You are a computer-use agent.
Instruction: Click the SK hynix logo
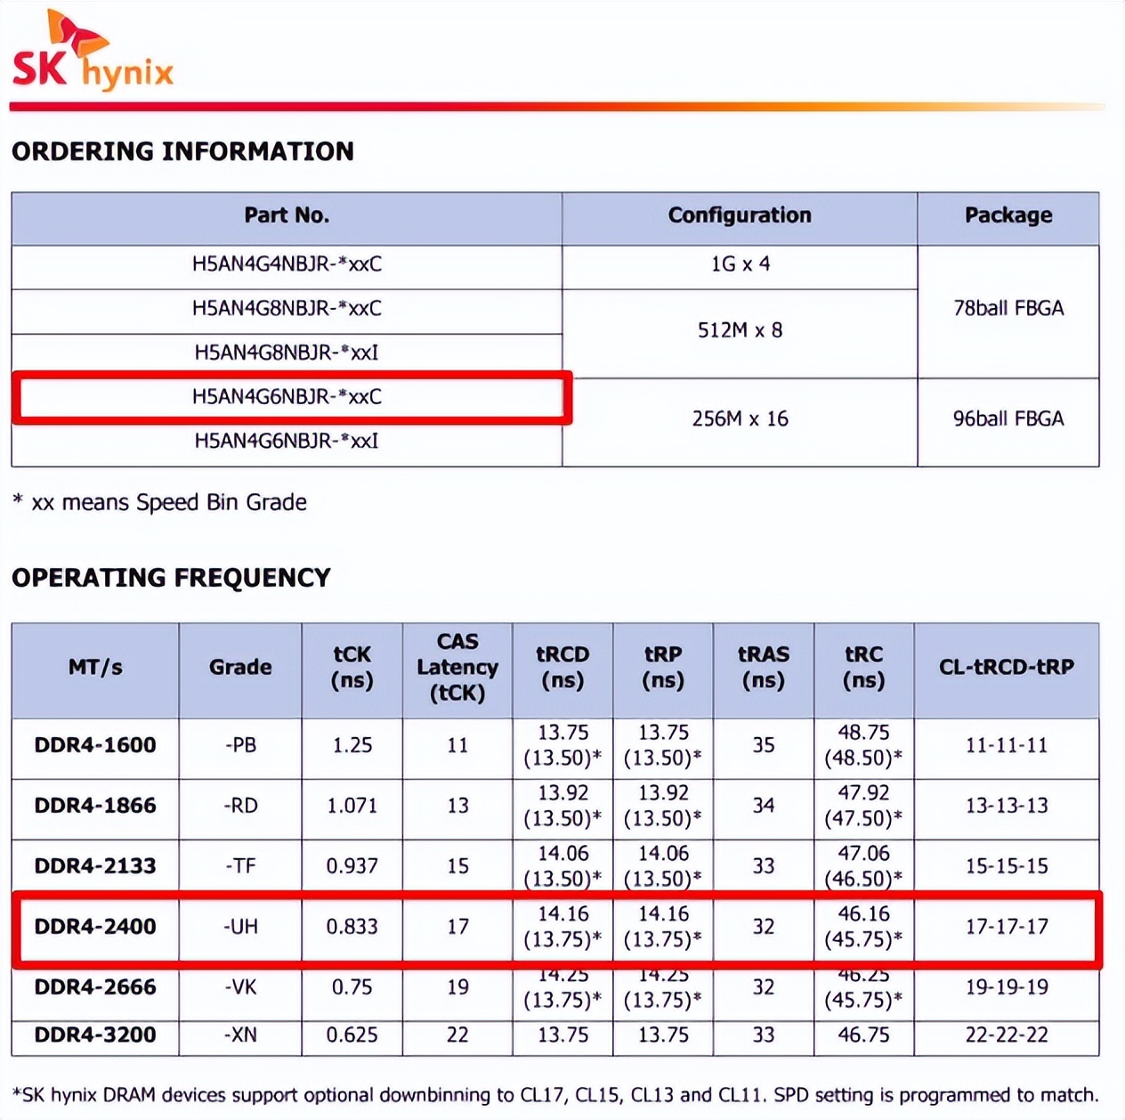pyautogui.click(x=93, y=53)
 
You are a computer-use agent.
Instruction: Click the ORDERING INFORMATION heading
pyautogui.click(x=182, y=151)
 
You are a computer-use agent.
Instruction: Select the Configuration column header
pyautogui.click(x=740, y=215)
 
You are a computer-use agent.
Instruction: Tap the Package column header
pyautogui.click(x=1008, y=215)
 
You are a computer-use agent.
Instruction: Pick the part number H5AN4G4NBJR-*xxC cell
pyautogui.click(x=287, y=264)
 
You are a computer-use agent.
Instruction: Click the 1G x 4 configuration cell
pyautogui.click(x=740, y=264)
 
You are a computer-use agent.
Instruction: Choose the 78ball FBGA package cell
pyautogui.click(x=1008, y=309)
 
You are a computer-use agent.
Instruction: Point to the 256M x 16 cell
pyautogui.click(x=740, y=419)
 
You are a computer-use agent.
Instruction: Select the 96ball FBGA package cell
pyautogui.click(x=1008, y=419)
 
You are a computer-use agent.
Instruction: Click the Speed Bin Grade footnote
pyautogui.click(x=160, y=503)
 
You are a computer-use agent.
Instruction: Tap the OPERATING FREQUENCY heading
pyautogui.click(x=171, y=579)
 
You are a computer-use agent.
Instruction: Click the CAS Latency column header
pyautogui.click(x=457, y=667)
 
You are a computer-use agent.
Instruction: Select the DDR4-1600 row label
pyautogui.click(x=95, y=745)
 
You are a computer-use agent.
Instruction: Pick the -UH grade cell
pyautogui.click(x=240, y=927)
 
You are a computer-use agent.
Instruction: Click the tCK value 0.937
pyautogui.click(x=352, y=866)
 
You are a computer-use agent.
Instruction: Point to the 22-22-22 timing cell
pyautogui.click(x=1007, y=1035)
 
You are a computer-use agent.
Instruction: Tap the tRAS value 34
pyautogui.click(x=764, y=806)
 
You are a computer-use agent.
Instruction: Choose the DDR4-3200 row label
pyautogui.click(x=95, y=1035)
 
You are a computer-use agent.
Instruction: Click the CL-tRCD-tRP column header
pyautogui.click(x=1007, y=667)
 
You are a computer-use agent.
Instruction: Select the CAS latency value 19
pyautogui.click(x=457, y=987)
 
